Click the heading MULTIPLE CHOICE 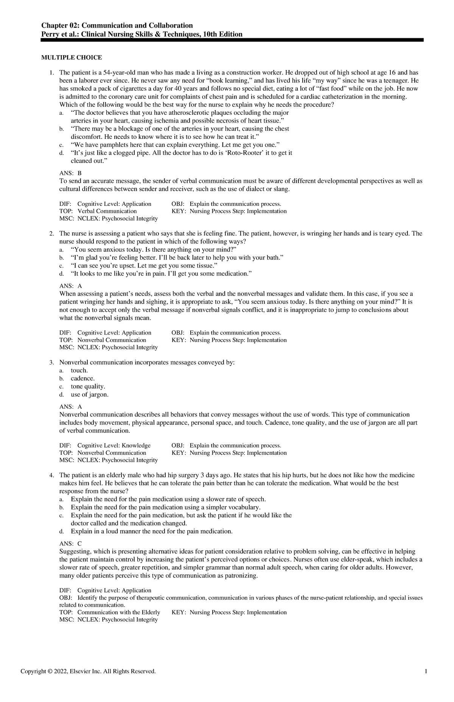click(x=72, y=58)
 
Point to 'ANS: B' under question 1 click(x=70, y=173)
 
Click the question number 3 click(x=51, y=363)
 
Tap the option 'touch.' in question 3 click(x=79, y=370)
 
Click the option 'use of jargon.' click(x=89, y=395)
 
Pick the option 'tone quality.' click(x=88, y=386)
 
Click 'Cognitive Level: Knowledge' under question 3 click(x=114, y=445)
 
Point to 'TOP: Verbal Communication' click(x=98, y=211)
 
